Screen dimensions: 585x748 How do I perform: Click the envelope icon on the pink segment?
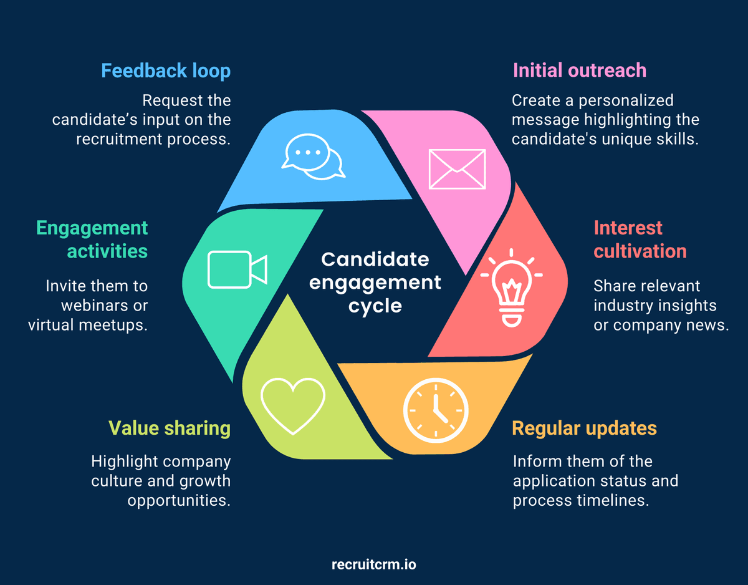click(457, 169)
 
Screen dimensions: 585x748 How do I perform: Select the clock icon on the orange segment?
click(436, 409)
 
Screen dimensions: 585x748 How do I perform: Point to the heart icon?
click(293, 402)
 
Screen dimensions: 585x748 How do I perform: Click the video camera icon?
click(237, 269)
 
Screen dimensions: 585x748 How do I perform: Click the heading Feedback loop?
click(166, 70)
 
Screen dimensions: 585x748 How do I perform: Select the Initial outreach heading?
click(579, 70)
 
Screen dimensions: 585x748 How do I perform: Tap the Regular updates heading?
click(584, 428)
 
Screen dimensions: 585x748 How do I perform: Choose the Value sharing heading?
click(170, 428)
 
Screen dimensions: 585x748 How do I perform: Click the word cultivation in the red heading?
click(640, 251)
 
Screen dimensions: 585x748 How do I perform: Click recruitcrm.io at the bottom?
click(374, 565)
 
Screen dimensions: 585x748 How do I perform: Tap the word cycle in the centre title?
click(375, 306)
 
